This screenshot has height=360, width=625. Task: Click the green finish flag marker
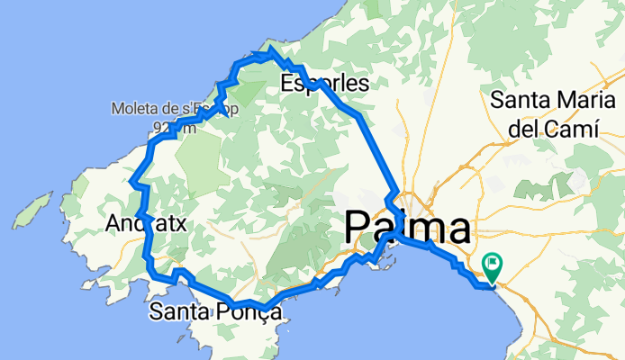tap(493, 266)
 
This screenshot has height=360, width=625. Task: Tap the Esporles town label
tap(324, 85)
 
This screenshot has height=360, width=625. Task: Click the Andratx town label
tap(146, 223)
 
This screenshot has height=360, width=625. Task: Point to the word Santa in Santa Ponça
tap(181, 312)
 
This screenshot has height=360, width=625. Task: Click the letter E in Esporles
tap(286, 85)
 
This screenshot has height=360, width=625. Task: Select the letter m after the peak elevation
tap(188, 129)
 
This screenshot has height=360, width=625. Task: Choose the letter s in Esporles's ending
tap(363, 85)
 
